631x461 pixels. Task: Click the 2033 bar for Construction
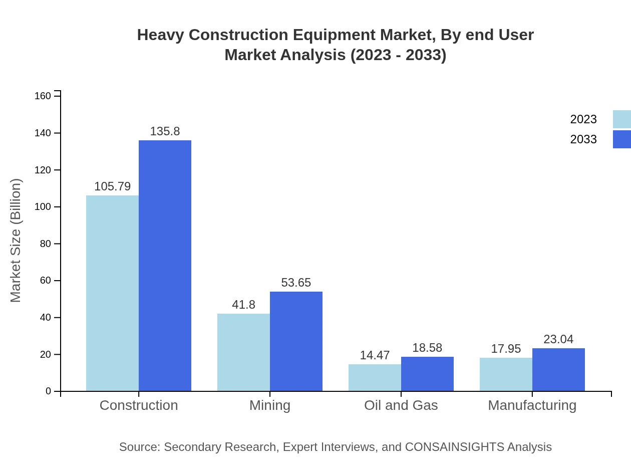(165, 266)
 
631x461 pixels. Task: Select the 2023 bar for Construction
(112, 293)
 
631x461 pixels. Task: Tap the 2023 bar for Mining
(243, 352)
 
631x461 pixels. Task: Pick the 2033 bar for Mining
(296, 341)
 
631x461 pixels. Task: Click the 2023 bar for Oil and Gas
(375, 377)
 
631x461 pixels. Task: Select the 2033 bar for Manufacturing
(558, 369)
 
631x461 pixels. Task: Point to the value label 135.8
(165, 132)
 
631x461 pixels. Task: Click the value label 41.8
(243, 305)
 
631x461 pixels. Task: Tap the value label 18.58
(427, 348)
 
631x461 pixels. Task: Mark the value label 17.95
(506, 349)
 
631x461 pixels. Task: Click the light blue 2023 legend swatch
(621, 119)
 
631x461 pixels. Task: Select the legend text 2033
(583, 139)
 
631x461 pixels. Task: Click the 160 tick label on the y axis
(43, 96)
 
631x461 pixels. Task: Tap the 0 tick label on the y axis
(49, 391)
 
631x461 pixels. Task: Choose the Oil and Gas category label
(401, 405)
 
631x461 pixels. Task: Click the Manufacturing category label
(532, 405)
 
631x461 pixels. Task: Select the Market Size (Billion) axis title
(16, 241)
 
